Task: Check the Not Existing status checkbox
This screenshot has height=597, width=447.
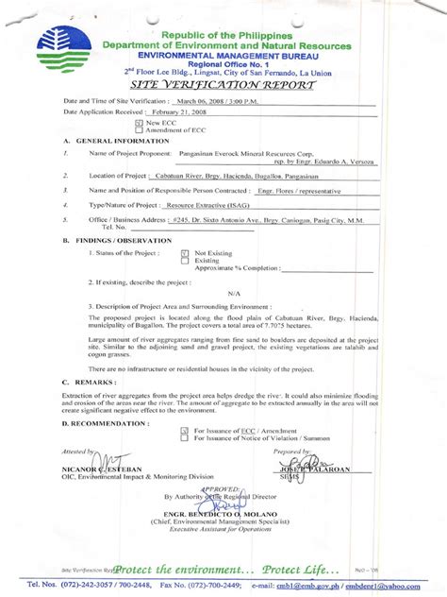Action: click(183, 253)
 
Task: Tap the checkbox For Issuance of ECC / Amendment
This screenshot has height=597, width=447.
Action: click(184, 430)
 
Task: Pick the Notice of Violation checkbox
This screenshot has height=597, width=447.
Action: click(184, 438)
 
